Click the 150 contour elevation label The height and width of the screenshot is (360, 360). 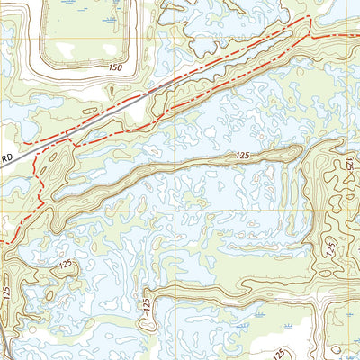(112, 67)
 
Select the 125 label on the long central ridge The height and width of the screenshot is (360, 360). (241, 157)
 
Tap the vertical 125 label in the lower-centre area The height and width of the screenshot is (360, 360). (145, 306)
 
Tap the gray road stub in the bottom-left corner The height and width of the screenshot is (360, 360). (4, 346)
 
